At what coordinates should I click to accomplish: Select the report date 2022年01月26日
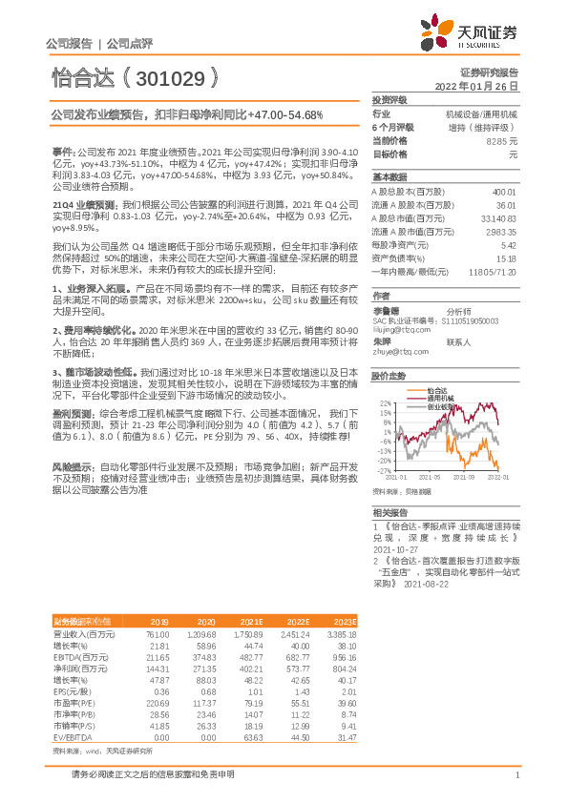click(477, 86)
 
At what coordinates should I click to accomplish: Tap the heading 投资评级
click(389, 99)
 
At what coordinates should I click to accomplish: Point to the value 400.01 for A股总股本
click(502, 192)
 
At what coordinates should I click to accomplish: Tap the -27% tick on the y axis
click(384, 470)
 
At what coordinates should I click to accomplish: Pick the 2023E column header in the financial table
click(345, 621)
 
